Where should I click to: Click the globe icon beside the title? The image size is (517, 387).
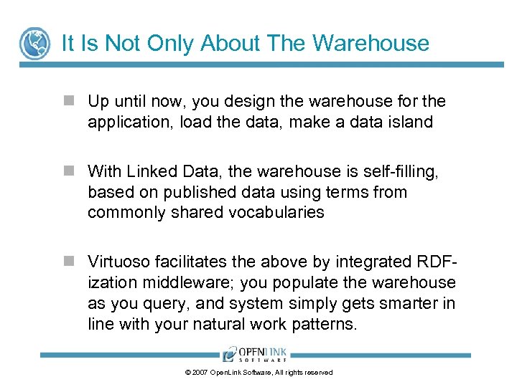point(34,44)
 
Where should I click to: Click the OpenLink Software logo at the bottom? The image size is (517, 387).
point(255,354)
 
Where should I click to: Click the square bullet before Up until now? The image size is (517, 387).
point(68,102)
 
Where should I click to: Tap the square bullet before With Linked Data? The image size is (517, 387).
point(68,171)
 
